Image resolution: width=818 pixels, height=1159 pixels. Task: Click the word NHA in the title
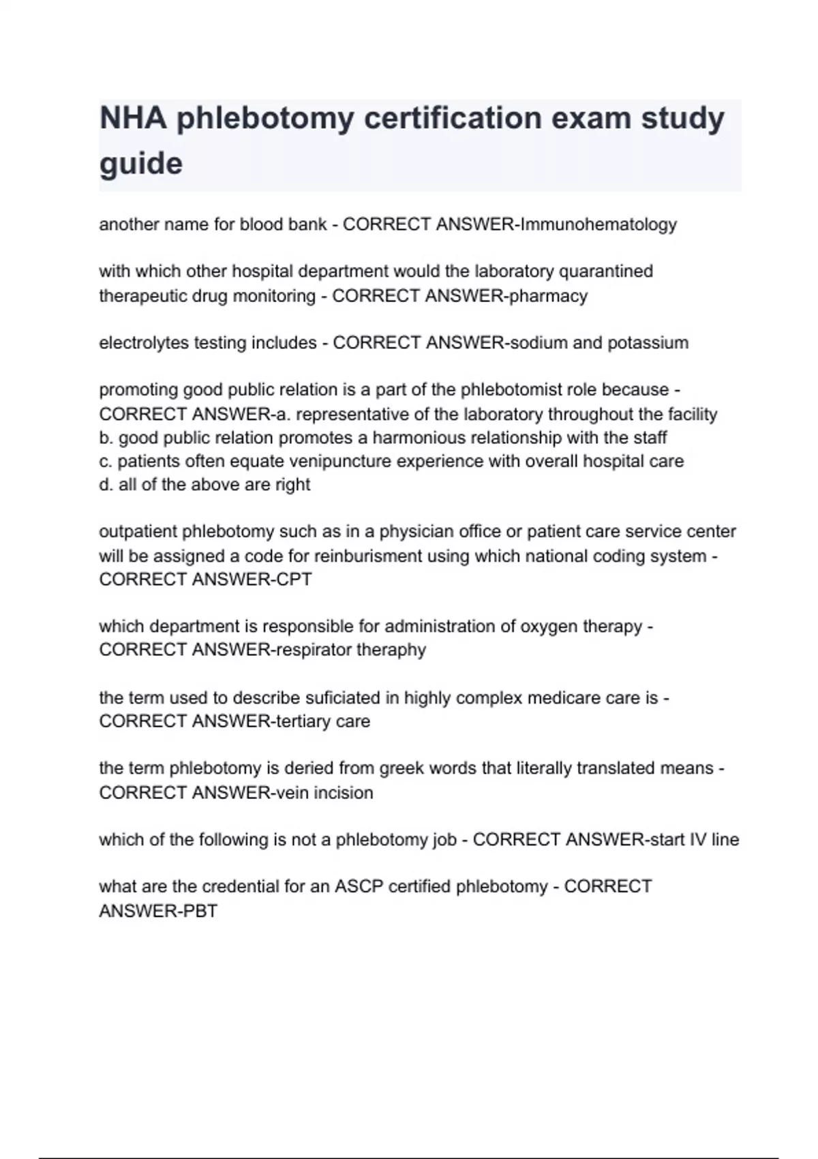coord(133,118)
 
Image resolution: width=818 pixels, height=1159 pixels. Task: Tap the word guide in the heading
coord(141,164)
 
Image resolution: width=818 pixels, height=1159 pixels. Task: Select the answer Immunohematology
coord(599,224)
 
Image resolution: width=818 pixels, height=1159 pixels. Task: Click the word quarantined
coord(606,271)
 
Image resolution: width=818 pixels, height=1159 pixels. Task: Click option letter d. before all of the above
coord(106,485)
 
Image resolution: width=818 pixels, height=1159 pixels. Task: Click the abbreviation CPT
coord(294,579)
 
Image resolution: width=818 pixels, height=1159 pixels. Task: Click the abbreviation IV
coord(698,840)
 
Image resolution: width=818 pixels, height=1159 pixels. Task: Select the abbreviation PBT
coord(200,911)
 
